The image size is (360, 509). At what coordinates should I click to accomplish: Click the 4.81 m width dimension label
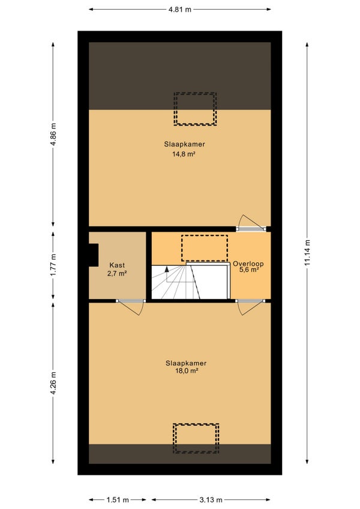[x=179, y=10]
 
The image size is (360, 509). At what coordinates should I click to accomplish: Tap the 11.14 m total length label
[x=307, y=253]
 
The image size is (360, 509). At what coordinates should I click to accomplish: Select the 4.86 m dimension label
[x=53, y=134]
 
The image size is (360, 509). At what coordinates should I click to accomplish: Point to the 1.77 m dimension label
[x=53, y=265]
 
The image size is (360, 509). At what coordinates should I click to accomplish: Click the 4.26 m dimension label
[x=53, y=384]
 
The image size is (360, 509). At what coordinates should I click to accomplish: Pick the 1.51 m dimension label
[x=118, y=499]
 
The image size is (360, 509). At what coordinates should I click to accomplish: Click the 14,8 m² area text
[x=184, y=154]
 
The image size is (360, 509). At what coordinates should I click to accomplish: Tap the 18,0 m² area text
[x=187, y=371]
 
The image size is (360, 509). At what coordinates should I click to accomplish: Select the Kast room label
[x=117, y=265]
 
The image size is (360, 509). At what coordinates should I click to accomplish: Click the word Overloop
[x=248, y=264]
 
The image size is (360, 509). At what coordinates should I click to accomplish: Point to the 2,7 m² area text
[x=117, y=273]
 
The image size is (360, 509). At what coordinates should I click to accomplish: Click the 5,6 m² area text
[x=249, y=270]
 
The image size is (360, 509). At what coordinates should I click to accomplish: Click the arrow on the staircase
[x=167, y=274]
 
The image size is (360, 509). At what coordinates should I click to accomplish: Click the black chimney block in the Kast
[x=94, y=255]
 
